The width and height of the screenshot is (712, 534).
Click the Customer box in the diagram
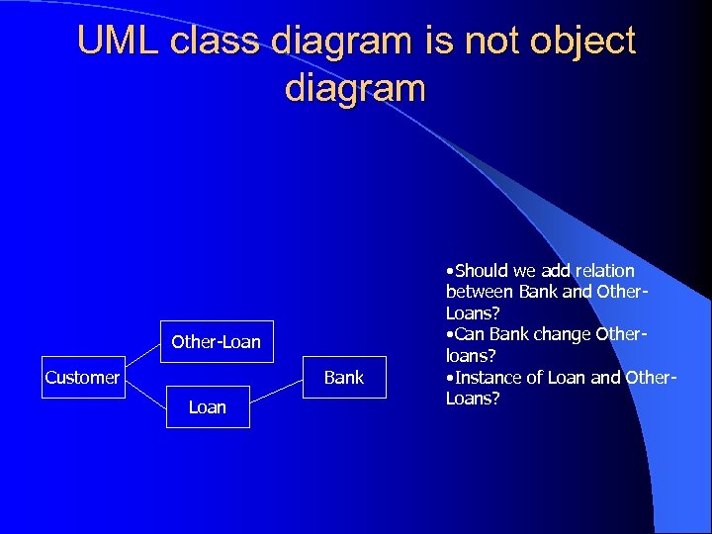click(83, 377)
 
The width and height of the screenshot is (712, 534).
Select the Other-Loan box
click(217, 342)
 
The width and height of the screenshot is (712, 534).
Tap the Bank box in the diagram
click(344, 377)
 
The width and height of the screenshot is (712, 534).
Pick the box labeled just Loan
click(208, 406)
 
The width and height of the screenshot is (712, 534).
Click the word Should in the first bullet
click(483, 270)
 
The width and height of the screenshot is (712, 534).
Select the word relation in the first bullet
click(600, 270)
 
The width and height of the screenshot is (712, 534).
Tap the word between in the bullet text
click(479, 292)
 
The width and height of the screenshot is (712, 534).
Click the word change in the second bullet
click(563, 334)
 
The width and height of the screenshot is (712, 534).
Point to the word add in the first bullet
click(549, 270)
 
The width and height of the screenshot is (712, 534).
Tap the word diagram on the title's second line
click(355, 89)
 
